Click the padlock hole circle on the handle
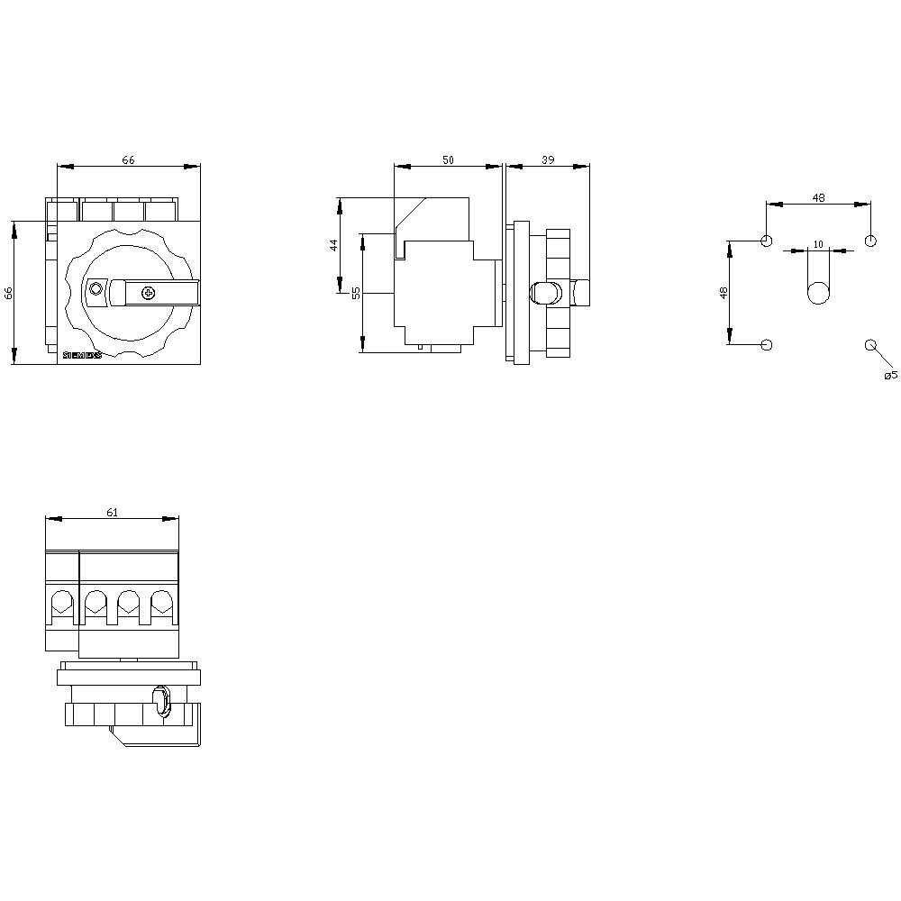(x=96, y=289)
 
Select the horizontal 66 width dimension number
(x=129, y=159)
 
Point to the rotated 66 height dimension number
(x=9, y=293)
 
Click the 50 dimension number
(x=448, y=159)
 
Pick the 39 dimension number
(x=547, y=159)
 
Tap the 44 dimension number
(x=332, y=244)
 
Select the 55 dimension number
(x=356, y=292)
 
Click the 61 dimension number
(x=112, y=513)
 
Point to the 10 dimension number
(x=818, y=244)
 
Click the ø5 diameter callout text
(x=890, y=375)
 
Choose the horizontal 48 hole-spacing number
(x=818, y=197)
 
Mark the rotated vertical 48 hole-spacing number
(x=724, y=293)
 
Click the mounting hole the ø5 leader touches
(x=870, y=345)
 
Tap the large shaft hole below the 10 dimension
(x=818, y=293)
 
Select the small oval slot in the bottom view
(x=162, y=700)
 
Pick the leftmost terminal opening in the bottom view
(x=62, y=601)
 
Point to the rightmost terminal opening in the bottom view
(x=161, y=601)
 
